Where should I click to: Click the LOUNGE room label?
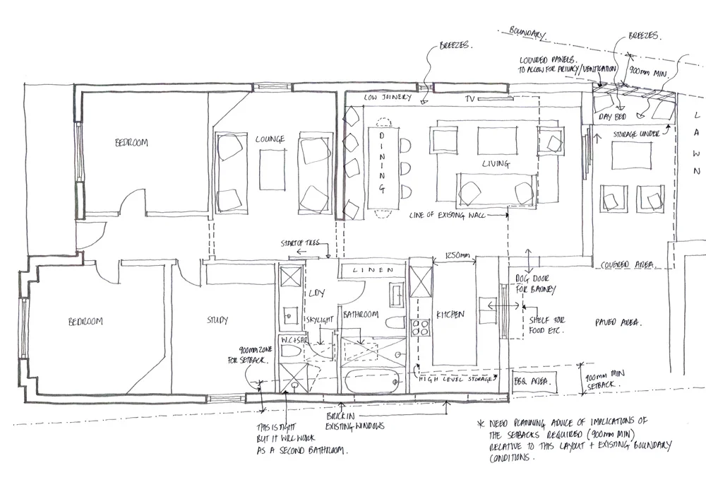click(270, 139)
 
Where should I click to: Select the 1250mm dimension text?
click(453, 255)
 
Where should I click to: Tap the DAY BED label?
click(611, 116)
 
